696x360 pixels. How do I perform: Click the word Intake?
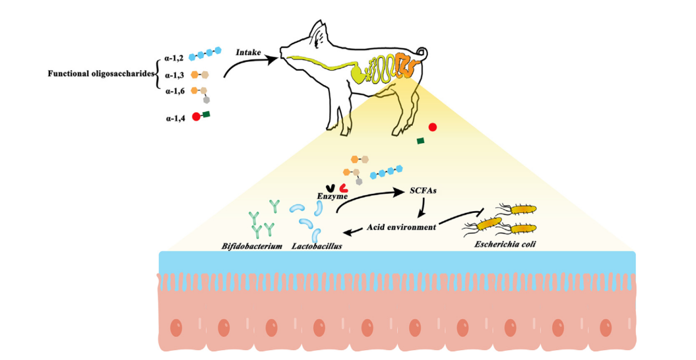click(x=248, y=52)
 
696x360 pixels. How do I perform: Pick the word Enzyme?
click(x=333, y=195)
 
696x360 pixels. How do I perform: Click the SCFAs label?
click(x=423, y=192)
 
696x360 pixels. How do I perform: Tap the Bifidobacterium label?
click(x=252, y=246)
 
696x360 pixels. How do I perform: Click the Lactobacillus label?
click(x=317, y=246)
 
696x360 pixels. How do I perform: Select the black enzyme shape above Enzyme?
click(x=330, y=187)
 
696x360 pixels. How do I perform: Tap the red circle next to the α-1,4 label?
click(x=196, y=117)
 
